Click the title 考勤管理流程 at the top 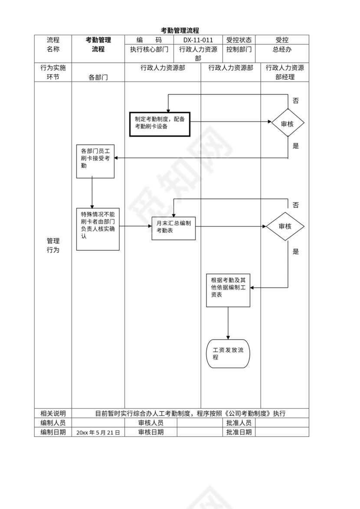click(x=180, y=30)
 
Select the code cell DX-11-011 click(x=198, y=40)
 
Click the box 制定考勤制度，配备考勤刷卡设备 click(x=160, y=124)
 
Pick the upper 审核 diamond click(x=288, y=124)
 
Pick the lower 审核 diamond click(x=285, y=226)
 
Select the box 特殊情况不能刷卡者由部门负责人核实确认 click(x=98, y=228)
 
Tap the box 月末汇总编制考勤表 click(x=173, y=228)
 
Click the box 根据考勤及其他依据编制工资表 click(x=228, y=290)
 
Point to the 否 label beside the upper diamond click(x=295, y=101)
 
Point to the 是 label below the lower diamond click(x=296, y=251)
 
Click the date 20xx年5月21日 click(x=98, y=432)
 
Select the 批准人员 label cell click(x=239, y=423)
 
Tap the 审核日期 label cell click(x=151, y=432)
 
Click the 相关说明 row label click(x=53, y=413)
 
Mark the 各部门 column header click(x=98, y=77)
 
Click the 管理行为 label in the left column click(x=53, y=245)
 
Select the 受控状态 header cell click(x=239, y=40)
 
